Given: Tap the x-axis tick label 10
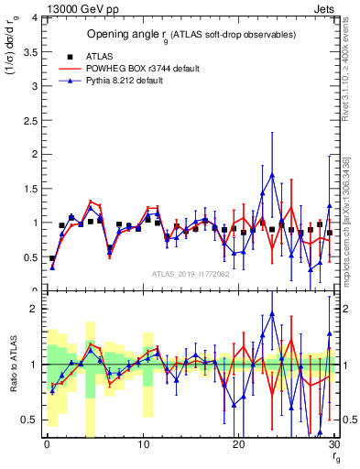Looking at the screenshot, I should (x=142, y=443).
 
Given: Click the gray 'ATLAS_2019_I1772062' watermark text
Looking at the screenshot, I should (x=191, y=274).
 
